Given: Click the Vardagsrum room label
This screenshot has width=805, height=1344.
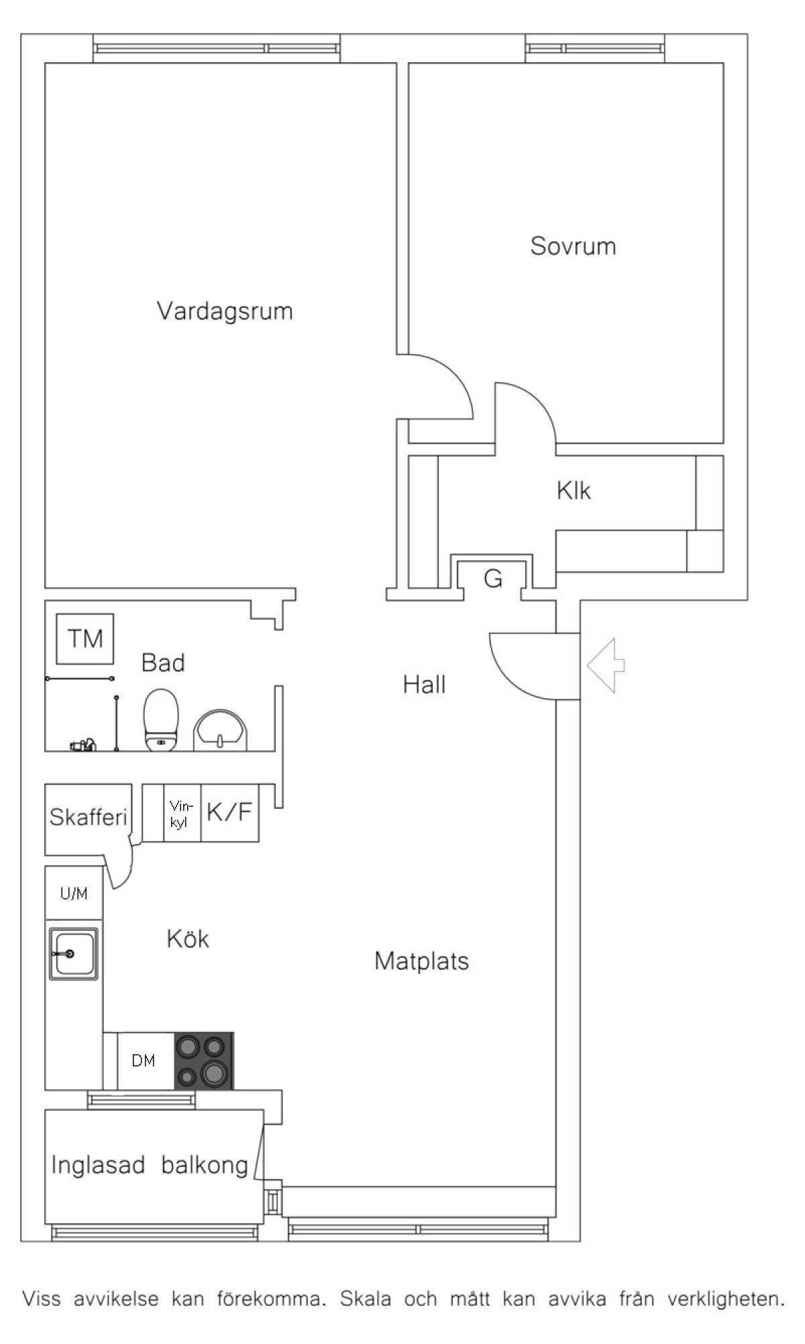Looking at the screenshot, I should pyautogui.click(x=225, y=312).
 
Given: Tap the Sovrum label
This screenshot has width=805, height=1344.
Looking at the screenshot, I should pyautogui.click(x=573, y=246).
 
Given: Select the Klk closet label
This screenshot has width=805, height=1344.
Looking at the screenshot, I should pyautogui.click(x=574, y=491).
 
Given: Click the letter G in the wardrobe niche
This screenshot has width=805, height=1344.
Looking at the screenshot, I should pyautogui.click(x=493, y=578).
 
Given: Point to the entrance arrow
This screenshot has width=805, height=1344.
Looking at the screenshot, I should pyautogui.click(x=606, y=665).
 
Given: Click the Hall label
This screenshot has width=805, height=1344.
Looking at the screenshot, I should pyautogui.click(x=424, y=685).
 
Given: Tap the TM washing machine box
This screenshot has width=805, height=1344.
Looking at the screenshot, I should pyautogui.click(x=85, y=638).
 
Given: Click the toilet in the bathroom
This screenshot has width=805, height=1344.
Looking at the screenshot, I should pyautogui.click(x=162, y=720).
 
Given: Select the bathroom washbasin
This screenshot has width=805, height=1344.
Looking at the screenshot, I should pyautogui.click(x=221, y=730).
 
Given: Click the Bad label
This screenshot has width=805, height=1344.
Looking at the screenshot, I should pyautogui.click(x=163, y=663).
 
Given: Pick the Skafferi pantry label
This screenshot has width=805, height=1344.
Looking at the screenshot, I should pyautogui.click(x=88, y=817).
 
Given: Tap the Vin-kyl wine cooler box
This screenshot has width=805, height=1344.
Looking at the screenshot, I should pyautogui.click(x=182, y=813).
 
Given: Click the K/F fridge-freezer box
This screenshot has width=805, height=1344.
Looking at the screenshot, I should pyautogui.click(x=229, y=813).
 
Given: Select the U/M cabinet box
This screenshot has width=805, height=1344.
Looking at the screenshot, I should pyautogui.click(x=74, y=893).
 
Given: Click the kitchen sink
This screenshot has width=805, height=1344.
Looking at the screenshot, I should pyautogui.click(x=73, y=954).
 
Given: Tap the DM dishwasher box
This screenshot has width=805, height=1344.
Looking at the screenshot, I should pyautogui.click(x=144, y=1060).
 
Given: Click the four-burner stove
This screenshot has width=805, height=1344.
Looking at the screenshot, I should pyautogui.click(x=204, y=1061).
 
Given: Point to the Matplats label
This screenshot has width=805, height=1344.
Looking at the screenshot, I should pyautogui.click(x=421, y=961).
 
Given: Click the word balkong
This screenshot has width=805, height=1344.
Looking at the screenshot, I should pyautogui.click(x=205, y=1165).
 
